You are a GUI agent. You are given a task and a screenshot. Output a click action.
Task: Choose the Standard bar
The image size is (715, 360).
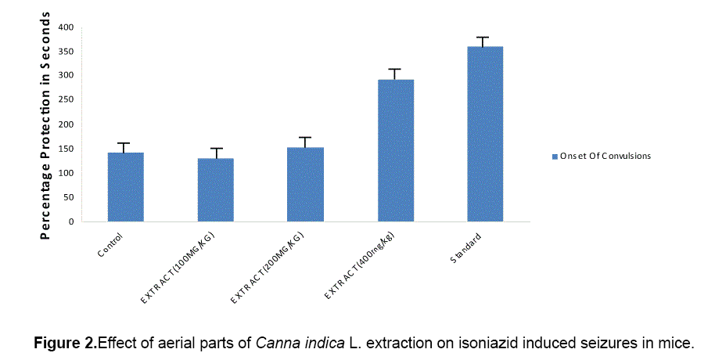(485, 133)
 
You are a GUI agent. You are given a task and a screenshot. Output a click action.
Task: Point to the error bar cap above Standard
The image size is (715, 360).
(485, 38)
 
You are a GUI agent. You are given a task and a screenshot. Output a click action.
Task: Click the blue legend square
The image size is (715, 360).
(554, 156)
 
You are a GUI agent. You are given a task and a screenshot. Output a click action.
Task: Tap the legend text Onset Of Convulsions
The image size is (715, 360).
(605, 156)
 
